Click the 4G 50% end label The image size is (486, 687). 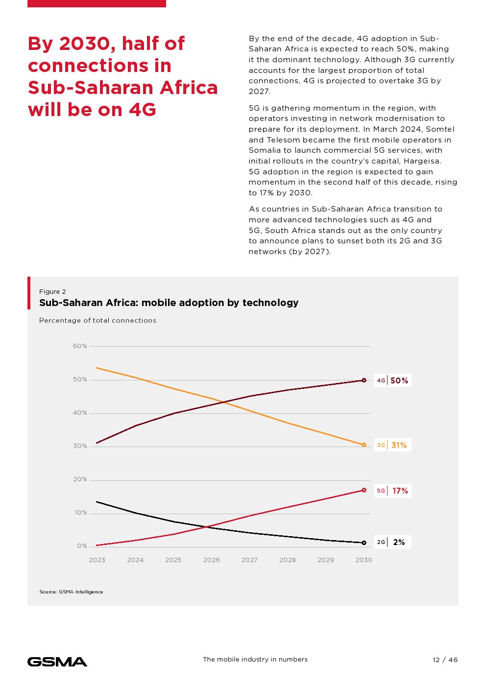click(393, 380)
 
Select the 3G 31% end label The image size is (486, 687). click(393, 445)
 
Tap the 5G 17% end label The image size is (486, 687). click(393, 491)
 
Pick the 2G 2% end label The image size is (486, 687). click(393, 542)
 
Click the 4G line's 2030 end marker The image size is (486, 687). click(364, 380)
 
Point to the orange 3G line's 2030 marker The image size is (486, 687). click(364, 445)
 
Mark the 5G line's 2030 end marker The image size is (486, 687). click(364, 490)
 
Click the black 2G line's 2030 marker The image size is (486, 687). click(364, 543)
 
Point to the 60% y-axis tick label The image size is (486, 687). click(80, 346)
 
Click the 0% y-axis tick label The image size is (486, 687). click(82, 546)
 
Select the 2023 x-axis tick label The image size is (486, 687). click(97, 560)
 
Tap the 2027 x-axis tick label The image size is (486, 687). click(249, 560)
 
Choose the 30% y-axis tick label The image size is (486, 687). click(80, 446)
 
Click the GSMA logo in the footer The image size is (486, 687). click(57, 662)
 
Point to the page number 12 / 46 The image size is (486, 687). click(445, 660)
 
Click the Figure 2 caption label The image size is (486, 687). click(52, 292)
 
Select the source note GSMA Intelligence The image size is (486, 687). click(71, 592)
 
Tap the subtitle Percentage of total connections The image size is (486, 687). click(97, 321)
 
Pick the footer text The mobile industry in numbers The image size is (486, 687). click(255, 660)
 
